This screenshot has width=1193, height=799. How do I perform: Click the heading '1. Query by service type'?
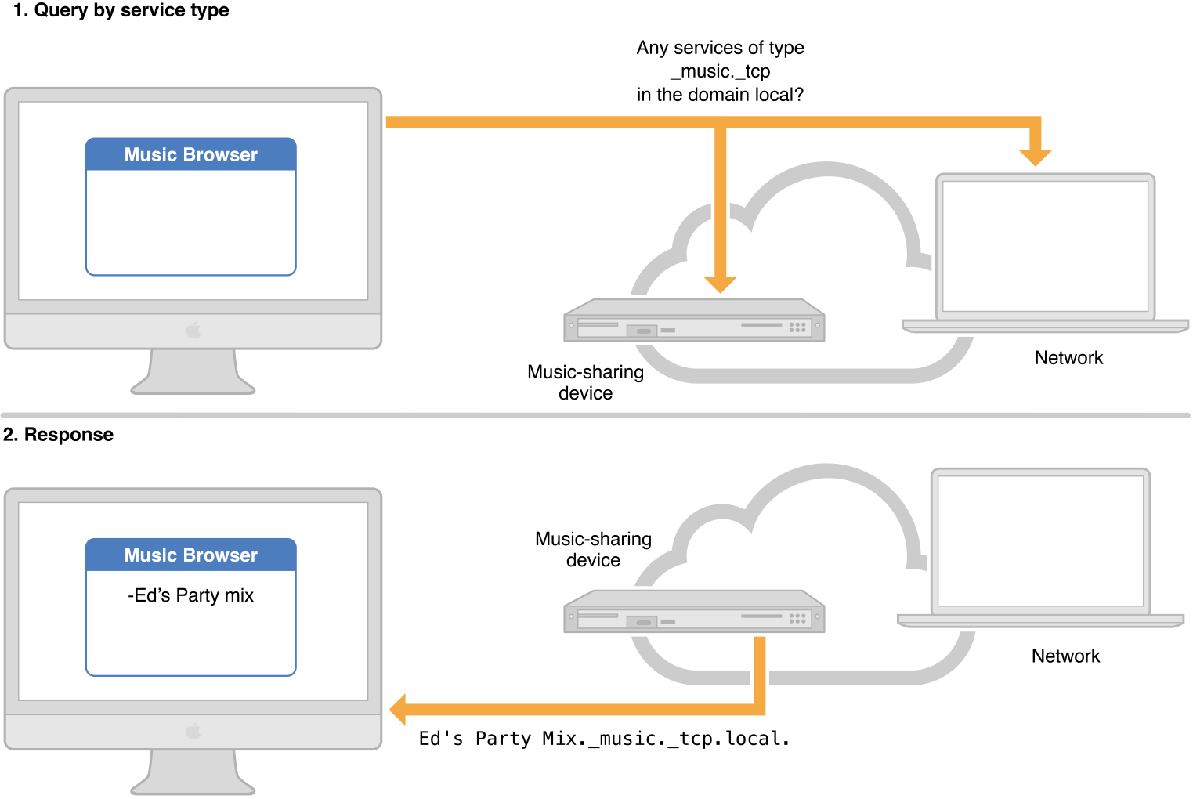pos(121,10)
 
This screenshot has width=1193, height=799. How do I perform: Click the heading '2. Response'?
pos(58,435)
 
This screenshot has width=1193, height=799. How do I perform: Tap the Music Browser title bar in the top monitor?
pos(190,154)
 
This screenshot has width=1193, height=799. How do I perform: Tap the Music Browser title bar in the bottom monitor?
pos(190,555)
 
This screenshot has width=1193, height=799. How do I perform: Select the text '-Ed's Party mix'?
pos(190,595)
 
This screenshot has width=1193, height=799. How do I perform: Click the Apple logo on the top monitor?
pos(193,331)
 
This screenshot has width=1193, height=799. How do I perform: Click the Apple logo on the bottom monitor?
pos(193,732)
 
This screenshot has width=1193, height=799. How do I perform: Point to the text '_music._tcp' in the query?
pos(720,71)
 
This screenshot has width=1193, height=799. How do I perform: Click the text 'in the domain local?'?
pos(720,95)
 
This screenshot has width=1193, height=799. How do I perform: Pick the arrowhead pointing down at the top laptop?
pos(1035,157)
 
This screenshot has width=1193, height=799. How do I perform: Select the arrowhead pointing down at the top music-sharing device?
pos(720,284)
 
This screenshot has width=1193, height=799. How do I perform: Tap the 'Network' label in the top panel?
pos(1068,358)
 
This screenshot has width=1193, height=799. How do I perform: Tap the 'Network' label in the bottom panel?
pos(1065,656)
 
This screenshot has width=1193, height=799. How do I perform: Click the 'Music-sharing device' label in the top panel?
pos(585,382)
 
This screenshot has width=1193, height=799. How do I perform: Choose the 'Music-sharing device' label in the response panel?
pos(593,549)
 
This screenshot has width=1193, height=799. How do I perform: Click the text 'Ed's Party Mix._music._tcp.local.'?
pos(604,739)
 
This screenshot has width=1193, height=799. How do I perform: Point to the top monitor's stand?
pos(193,372)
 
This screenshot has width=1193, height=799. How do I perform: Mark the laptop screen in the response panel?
pos(1040,540)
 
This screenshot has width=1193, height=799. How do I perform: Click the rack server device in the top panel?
pos(694,320)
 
